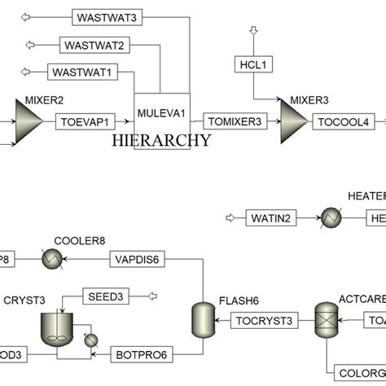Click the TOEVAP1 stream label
(x=84, y=122)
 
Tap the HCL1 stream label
(x=253, y=64)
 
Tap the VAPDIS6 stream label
(x=138, y=259)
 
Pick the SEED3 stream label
(x=106, y=296)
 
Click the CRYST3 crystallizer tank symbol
(x=55, y=329)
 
